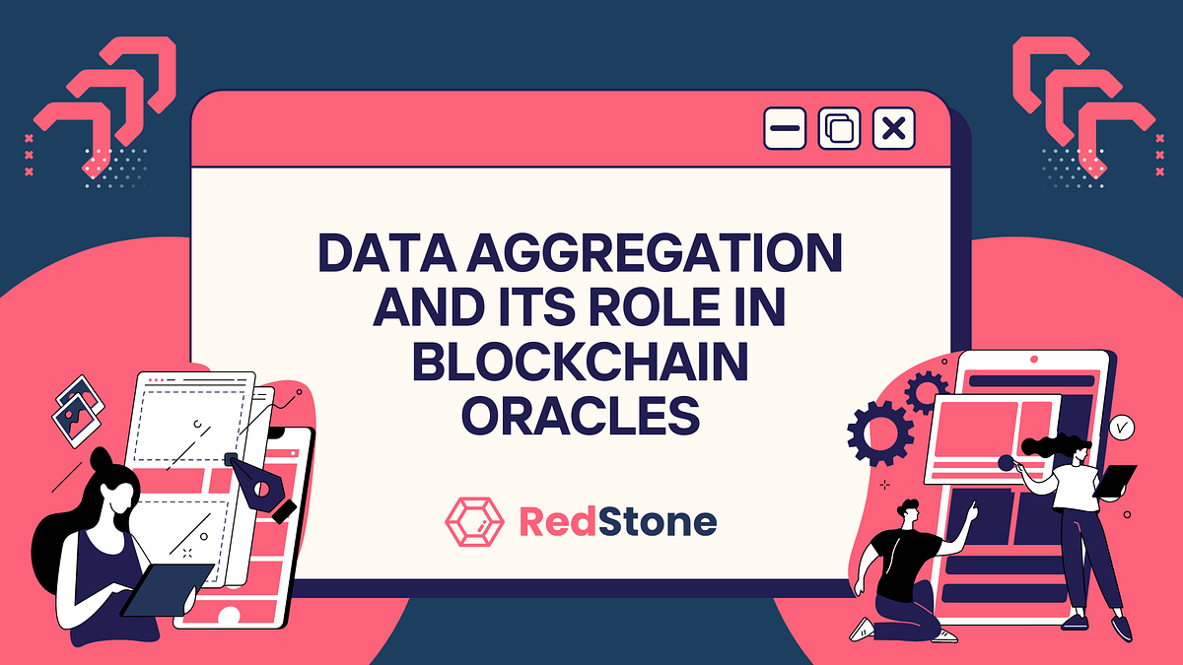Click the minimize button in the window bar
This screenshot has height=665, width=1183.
(785, 129)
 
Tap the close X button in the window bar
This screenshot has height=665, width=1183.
(893, 129)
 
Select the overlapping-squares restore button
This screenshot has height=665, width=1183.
(839, 129)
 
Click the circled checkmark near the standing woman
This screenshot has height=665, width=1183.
(1120, 428)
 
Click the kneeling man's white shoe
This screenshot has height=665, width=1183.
(863, 629)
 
